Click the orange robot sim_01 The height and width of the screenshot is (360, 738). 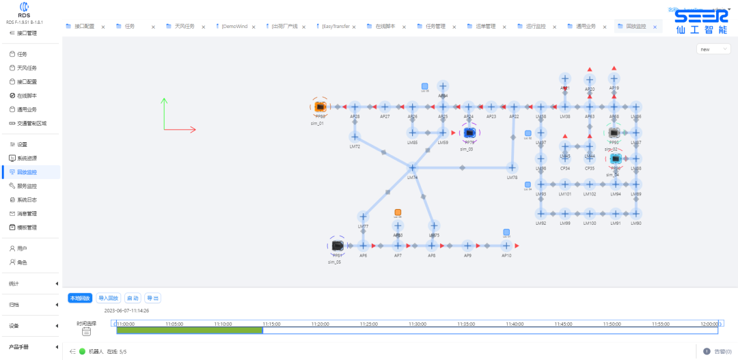319,107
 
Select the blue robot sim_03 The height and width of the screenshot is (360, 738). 469,133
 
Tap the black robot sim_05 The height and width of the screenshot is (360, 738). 337,245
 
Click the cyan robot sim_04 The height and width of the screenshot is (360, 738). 615,158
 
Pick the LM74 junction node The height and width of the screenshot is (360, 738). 412,167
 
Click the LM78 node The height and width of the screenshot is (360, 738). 512,167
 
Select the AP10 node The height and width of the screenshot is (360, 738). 506,245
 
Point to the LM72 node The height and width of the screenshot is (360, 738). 355,137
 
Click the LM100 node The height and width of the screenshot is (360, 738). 589,213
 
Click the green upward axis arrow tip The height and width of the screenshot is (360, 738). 164,100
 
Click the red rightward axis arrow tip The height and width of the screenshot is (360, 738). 195,128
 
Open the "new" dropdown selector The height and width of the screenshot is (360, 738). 713,49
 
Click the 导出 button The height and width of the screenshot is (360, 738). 152,298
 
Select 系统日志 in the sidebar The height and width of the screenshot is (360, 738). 27,199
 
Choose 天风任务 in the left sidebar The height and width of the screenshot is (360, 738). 27,68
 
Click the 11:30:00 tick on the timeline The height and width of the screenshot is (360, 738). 418,324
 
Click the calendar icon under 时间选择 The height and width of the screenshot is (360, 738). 87,332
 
